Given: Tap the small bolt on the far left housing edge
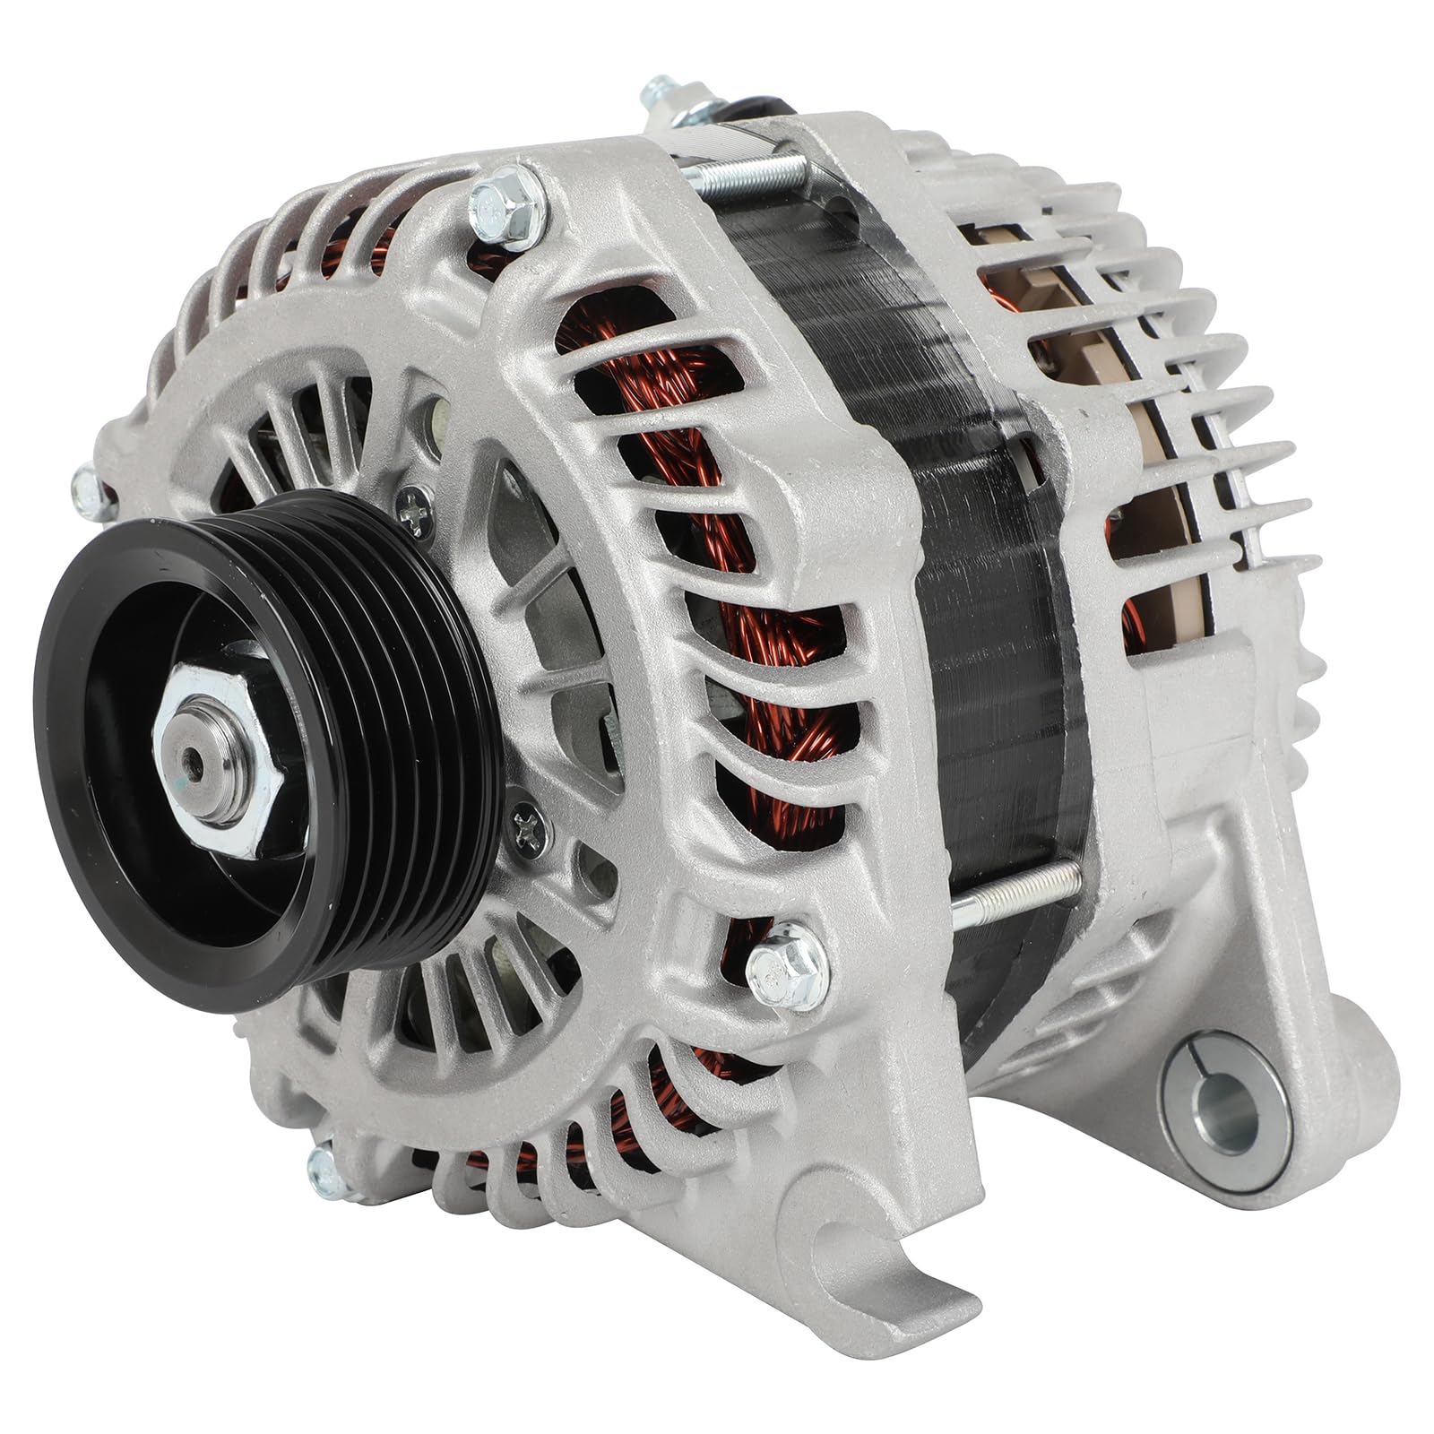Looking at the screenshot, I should [x=90, y=488].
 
